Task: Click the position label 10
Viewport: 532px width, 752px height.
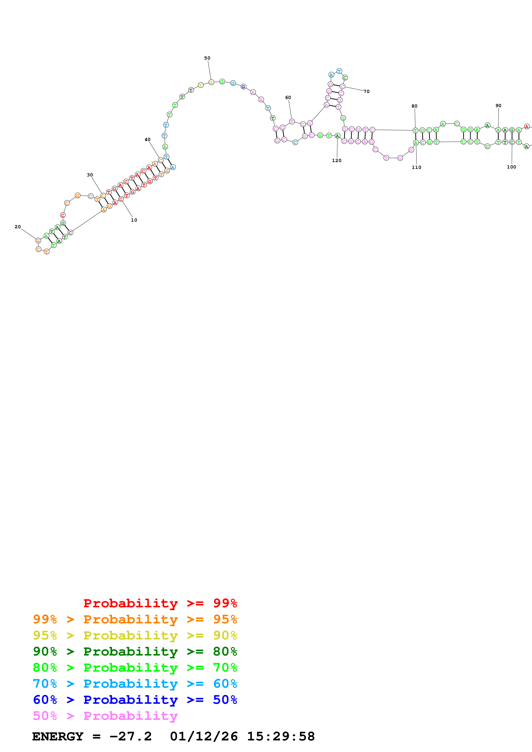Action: [134, 220]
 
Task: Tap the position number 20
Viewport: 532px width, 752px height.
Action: [18, 227]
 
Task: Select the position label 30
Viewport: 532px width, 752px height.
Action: [90, 175]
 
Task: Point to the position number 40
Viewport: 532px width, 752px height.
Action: [147, 140]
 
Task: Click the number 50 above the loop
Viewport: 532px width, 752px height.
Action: [207, 58]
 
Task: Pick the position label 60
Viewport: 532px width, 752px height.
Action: [288, 98]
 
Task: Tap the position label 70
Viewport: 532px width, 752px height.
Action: [367, 91]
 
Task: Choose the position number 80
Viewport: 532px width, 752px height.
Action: [414, 106]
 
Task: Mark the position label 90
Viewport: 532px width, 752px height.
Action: [498, 106]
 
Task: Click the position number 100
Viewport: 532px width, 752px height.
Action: [511, 167]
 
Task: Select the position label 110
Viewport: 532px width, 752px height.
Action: [416, 167]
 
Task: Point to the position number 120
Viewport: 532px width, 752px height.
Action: [337, 161]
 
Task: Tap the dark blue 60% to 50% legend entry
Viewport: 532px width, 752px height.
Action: [135, 700]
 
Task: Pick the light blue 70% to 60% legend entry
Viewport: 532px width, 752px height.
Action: [135, 684]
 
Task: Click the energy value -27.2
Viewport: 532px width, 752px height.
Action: [130, 736]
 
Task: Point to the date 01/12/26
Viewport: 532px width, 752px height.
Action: [204, 736]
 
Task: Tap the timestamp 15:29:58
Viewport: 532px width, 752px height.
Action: [280, 736]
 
